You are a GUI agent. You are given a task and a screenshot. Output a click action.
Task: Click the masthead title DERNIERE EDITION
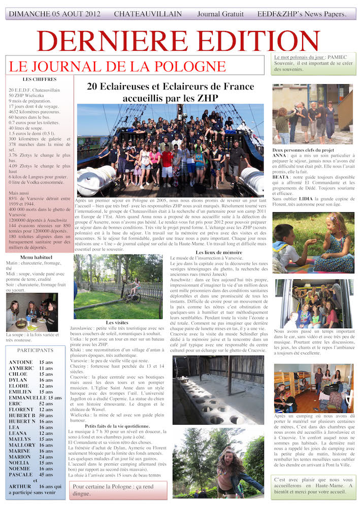pyautogui.click(x=178, y=41)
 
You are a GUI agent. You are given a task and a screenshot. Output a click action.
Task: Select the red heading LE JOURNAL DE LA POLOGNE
pyautogui.click(x=109, y=66)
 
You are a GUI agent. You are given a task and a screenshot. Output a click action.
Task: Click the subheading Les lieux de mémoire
pyautogui.click(x=219, y=252)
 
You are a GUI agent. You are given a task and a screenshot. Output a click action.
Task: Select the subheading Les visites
pyautogui.click(x=117, y=323)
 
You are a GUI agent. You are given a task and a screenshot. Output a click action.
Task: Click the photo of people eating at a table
pyautogui.click(x=31, y=311)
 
